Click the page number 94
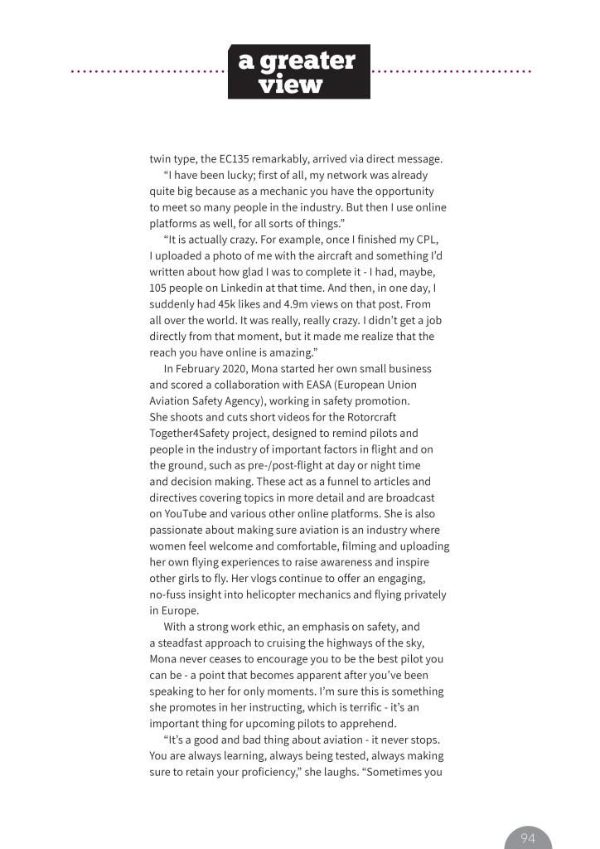pyautogui.click(x=528, y=838)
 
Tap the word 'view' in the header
pyautogui.click(x=290, y=85)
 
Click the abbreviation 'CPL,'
pyautogui.click(x=422, y=240)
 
